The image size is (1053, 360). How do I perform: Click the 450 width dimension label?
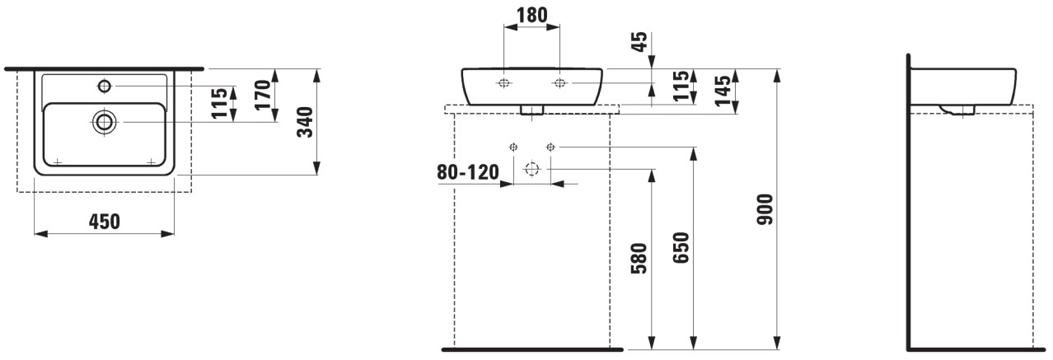click(x=105, y=222)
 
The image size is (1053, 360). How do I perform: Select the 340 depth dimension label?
click(x=305, y=122)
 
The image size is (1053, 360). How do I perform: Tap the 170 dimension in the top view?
click(x=264, y=95)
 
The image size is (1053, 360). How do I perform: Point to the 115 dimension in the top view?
click(x=219, y=103)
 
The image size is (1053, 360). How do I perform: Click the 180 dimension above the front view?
click(x=531, y=15)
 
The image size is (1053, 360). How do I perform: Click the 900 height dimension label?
click(x=765, y=209)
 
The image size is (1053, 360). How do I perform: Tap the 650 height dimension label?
click(x=681, y=247)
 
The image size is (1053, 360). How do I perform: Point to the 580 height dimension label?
click(x=639, y=258)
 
